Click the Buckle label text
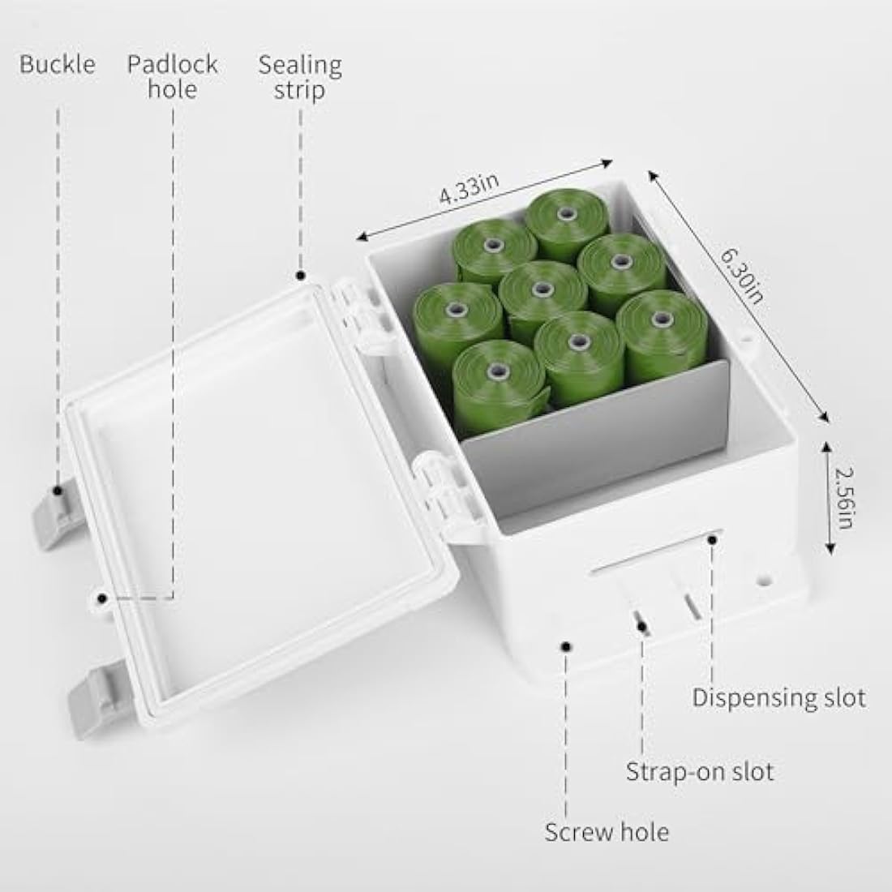[x=58, y=64]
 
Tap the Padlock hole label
[x=173, y=77]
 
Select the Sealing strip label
[x=300, y=77]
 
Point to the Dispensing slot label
[x=778, y=697]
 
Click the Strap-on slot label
[x=700, y=772]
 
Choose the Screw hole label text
[x=607, y=832]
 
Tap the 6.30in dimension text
[x=741, y=277]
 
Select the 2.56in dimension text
[x=844, y=498]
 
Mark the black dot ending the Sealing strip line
[x=300, y=277]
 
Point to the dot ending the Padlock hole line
[x=102, y=598]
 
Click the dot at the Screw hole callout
[x=566, y=646]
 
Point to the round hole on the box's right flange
[x=765, y=581]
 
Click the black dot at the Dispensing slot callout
[x=712, y=539]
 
